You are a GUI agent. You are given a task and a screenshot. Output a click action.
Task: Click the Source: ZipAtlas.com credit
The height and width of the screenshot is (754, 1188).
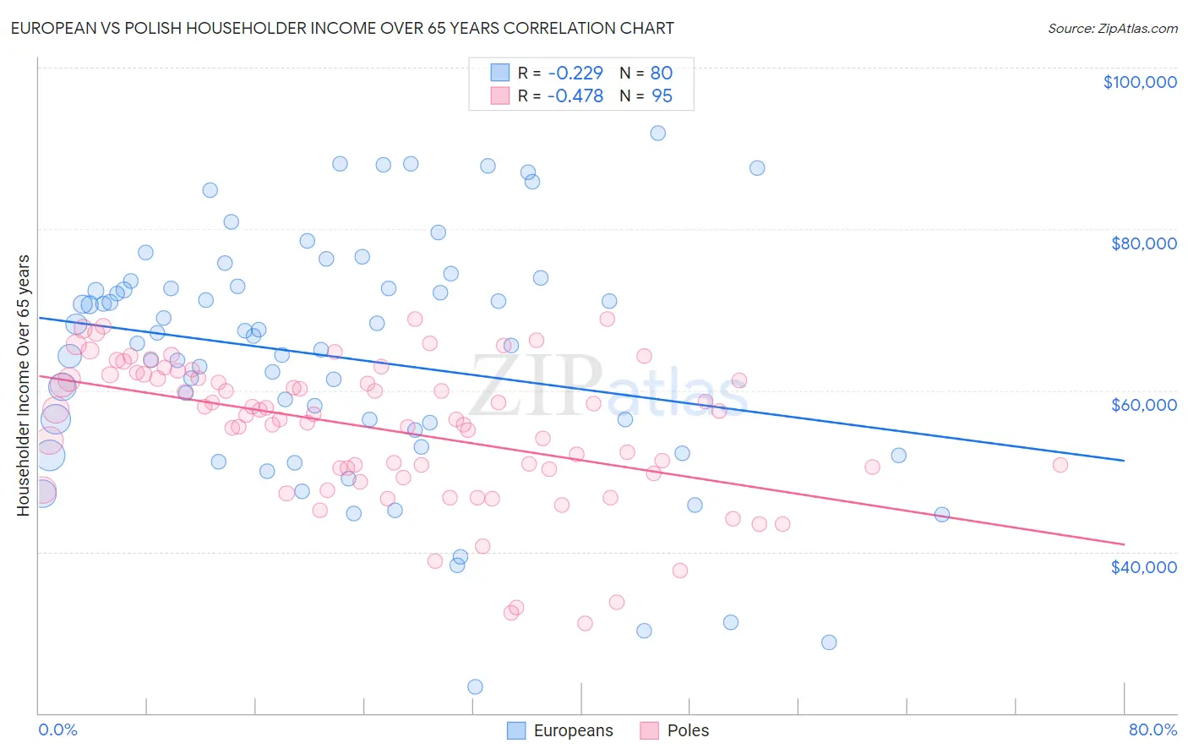1112,28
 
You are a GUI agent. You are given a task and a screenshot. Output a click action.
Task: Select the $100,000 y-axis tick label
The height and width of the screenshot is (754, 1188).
1139,82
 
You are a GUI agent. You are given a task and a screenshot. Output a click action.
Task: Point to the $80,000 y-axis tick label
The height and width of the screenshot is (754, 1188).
1143,243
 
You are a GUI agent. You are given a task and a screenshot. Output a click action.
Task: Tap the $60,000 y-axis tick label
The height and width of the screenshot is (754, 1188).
1143,405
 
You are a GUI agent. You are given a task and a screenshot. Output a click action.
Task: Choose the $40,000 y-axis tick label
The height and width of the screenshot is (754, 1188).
1143,566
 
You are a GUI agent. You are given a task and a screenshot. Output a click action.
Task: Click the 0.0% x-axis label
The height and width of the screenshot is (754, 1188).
57,729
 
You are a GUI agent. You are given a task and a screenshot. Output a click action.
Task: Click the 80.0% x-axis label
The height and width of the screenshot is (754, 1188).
1153,729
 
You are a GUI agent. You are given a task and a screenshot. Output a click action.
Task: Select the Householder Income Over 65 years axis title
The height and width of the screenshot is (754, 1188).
24,385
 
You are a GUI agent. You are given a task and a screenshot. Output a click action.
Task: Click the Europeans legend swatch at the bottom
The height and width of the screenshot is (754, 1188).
516,730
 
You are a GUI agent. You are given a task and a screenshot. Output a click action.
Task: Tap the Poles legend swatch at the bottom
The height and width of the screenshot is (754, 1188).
649,730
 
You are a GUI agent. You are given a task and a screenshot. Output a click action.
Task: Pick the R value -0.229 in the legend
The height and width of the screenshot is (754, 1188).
575,73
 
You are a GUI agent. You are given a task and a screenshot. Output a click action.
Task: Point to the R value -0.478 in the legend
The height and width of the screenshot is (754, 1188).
575,96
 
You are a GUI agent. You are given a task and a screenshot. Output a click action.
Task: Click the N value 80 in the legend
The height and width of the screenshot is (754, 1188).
661,73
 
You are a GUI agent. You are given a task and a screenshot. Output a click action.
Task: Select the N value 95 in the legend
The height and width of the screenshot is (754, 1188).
661,96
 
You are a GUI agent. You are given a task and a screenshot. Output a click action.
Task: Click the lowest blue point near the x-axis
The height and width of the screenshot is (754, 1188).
475,686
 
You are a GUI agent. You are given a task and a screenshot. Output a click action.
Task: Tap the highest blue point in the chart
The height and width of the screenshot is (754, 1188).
657,133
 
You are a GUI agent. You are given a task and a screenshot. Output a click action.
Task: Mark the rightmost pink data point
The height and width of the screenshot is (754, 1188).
1060,465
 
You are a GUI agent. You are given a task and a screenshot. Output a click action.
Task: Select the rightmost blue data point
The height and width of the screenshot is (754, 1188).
941,515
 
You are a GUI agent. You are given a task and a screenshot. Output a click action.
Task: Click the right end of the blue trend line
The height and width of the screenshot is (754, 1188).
1124,460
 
